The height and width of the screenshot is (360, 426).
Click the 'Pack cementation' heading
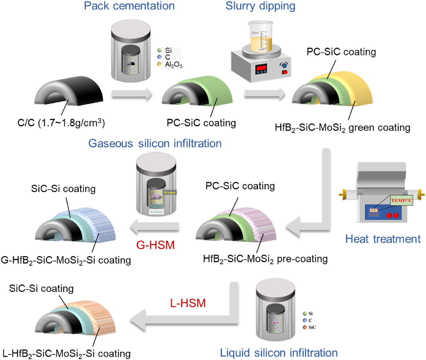pos(129,6)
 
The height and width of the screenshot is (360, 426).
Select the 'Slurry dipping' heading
pos(260,6)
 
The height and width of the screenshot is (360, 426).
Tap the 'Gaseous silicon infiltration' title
pos(155,143)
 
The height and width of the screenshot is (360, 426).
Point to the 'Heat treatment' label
pos(383,239)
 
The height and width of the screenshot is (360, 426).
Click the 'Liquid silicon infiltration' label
pos(279,353)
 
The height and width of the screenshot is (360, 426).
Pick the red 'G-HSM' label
pos(155,245)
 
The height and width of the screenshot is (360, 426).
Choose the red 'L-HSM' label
pos(188,303)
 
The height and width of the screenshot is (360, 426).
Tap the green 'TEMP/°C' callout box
pos(401,200)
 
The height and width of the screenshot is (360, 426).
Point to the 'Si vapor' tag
pos(169,192)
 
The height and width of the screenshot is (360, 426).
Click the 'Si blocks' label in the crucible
pos(156,212)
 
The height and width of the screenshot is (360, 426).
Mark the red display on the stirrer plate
pos(261,69)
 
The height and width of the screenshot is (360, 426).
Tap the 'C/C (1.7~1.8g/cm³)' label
pos(61,123)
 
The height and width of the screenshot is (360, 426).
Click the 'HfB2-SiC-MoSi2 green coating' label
pos(342,128)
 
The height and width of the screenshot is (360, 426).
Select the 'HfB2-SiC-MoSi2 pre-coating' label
pos(265,259)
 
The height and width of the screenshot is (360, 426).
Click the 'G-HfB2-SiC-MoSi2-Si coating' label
pos(66,260)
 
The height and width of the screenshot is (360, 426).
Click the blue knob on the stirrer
pos(284,65)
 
